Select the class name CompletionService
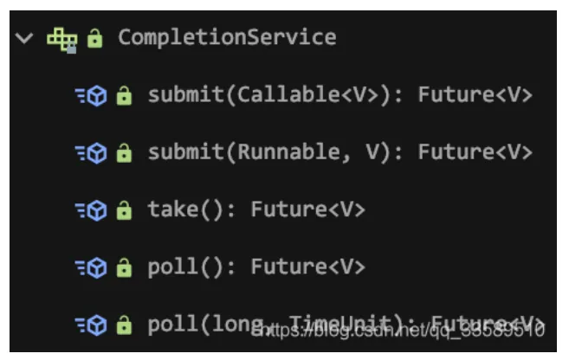click(227, 37)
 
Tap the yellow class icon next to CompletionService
click(61, 38)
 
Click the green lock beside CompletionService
click(95, 38)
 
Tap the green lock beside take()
click(125, 209)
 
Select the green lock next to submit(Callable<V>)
click(125, 95)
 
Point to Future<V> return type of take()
click(308, 209)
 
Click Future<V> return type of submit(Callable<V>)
click(475, 95)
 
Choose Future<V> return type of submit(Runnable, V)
click(475, 152)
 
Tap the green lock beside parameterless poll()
click(125, 267)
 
